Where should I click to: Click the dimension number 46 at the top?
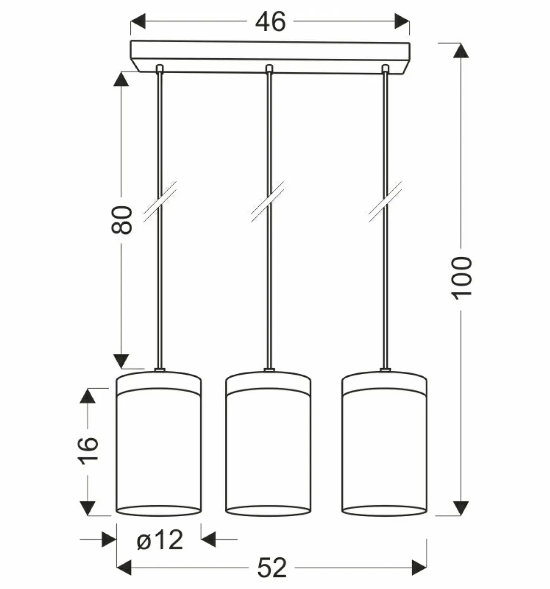click(x=270, y=22)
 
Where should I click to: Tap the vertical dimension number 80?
click(x=122, y=220)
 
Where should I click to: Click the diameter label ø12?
click(x=160, y=540)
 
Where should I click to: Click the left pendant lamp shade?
click(x=159, y=444)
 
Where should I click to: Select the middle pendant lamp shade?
click(x=268, y=444)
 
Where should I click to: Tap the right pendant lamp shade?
click(x=384, y=444)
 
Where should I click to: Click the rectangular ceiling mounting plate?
click(x=270, y=56)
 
